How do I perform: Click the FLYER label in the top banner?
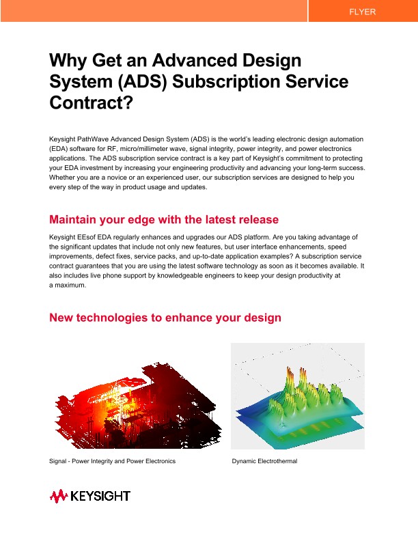pyautogui.click(x=362, y=12)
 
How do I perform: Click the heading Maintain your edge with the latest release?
pyautogui.click(x=164, y=219)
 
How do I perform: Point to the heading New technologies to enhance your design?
pyautogui.click(x=165, y=318)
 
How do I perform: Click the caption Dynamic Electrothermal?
pyautogui.click(x=264, y=461)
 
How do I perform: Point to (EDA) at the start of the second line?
pyautogui.click(x=59, y=148)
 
